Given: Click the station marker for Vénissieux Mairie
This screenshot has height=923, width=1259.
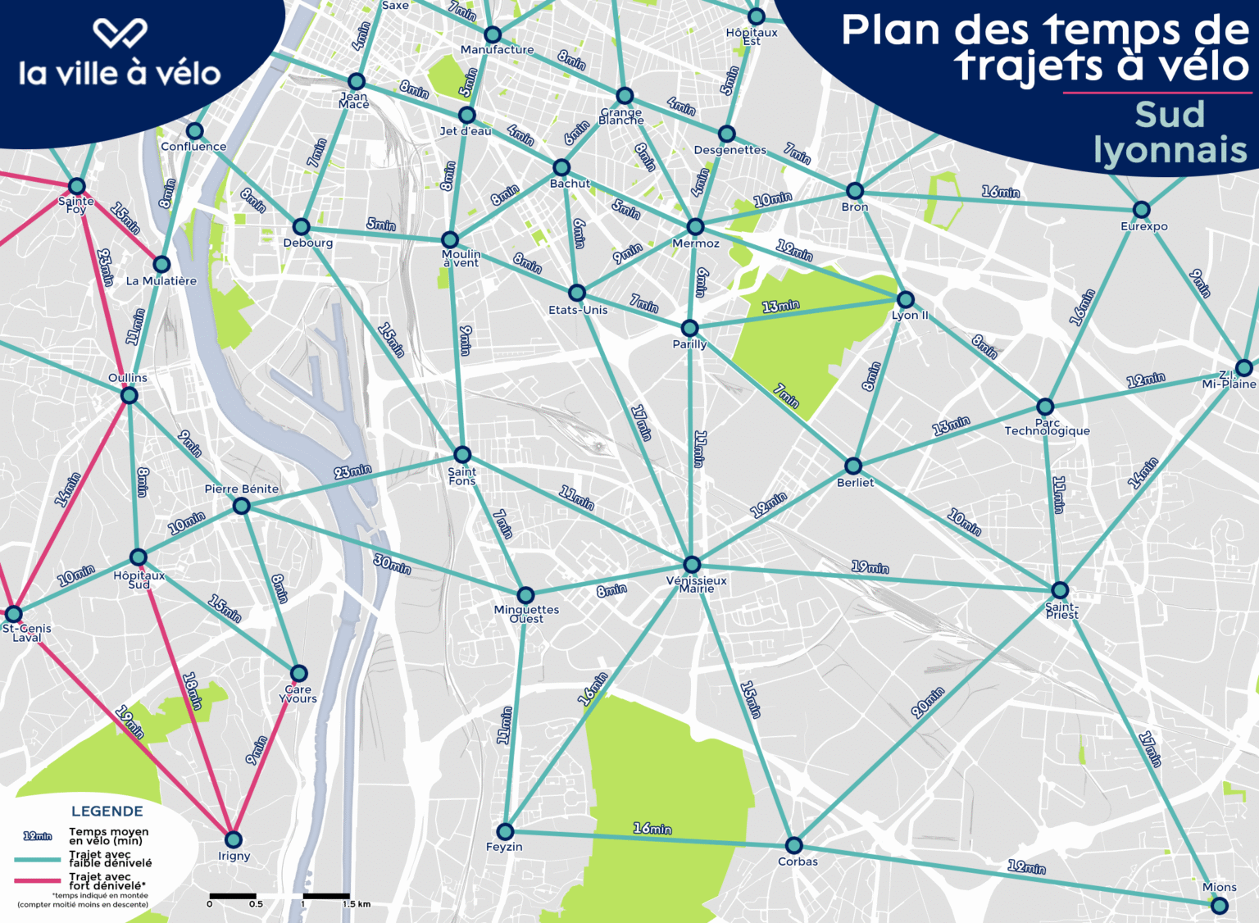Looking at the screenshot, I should [x=692, y=565].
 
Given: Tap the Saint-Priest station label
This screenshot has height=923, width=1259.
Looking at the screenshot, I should [x=1061, y=611].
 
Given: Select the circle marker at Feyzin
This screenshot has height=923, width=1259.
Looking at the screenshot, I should [x=506, y=831].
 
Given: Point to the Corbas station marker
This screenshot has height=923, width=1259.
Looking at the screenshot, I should [x=793, y=845].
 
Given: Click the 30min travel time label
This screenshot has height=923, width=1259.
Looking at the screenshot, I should [x=393, y=564].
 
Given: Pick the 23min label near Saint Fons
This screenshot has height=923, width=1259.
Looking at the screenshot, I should [x=352, y=471].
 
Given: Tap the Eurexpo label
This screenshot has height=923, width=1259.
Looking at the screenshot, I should [x=1144, y=226].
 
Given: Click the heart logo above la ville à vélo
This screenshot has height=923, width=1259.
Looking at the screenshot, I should [x=120, y=33].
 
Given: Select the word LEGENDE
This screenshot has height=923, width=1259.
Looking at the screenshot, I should [x=107, y=811].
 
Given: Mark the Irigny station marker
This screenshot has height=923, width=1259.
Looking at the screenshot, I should [x=234, y=839].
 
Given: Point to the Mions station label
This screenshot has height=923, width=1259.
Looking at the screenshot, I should [x=1219, y=887].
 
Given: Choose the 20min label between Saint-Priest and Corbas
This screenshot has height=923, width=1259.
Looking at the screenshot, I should [x=927, y=702].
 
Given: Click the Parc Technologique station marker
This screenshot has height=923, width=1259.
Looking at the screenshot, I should [x=1045, y=407].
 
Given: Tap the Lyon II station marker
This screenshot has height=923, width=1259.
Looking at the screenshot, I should [x=906, y=299].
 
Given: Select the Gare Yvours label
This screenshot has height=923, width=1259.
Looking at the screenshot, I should [x=298, y=694].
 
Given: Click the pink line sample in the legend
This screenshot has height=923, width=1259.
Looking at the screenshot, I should [x=38, y=881].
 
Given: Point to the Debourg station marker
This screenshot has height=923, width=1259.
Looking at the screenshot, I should [x=302, y=226].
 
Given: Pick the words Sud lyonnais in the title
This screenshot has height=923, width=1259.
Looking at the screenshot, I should [x=1170, y=132].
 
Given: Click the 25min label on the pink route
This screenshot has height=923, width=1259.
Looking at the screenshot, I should [x=106, y=268].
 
